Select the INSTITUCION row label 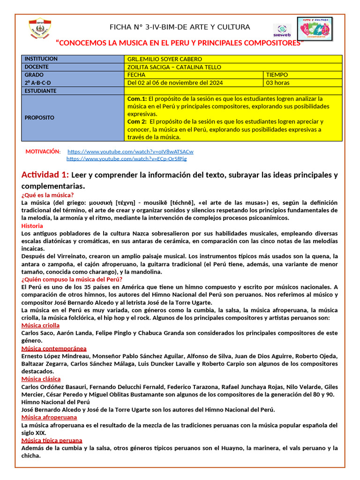tap(41, 59)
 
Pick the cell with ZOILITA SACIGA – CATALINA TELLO tap(174, 67)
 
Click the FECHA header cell tap(136, 75)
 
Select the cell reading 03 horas tap(277, 83)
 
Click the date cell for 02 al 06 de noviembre tap(175, 83)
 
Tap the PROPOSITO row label tap(39, 118)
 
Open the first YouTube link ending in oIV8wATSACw tap(130, 152)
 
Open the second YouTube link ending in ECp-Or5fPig tap(127, 159)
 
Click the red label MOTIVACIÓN tap(43, 152)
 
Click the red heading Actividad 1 tap(45, 175)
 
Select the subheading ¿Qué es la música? tap(47, 195)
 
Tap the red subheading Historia tap(32, 225)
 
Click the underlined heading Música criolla tap(40, 325)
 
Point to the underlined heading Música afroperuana tap(49, 417)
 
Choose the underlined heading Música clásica tap(41, 379)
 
